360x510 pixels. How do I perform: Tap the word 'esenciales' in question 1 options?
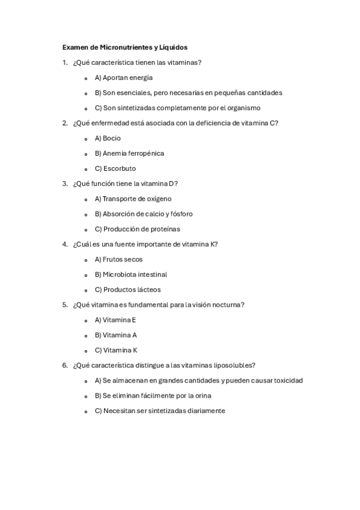point(134,93)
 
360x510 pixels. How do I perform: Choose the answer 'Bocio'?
point(111,138)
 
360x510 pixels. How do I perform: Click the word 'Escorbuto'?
point(119,168)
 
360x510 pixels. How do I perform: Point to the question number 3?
point(64,183)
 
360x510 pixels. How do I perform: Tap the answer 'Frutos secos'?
point(123,259)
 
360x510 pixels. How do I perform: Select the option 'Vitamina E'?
point(119,320)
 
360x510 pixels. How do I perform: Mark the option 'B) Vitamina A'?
point(116,335)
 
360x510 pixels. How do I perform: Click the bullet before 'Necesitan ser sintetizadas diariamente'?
point(87,411)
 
